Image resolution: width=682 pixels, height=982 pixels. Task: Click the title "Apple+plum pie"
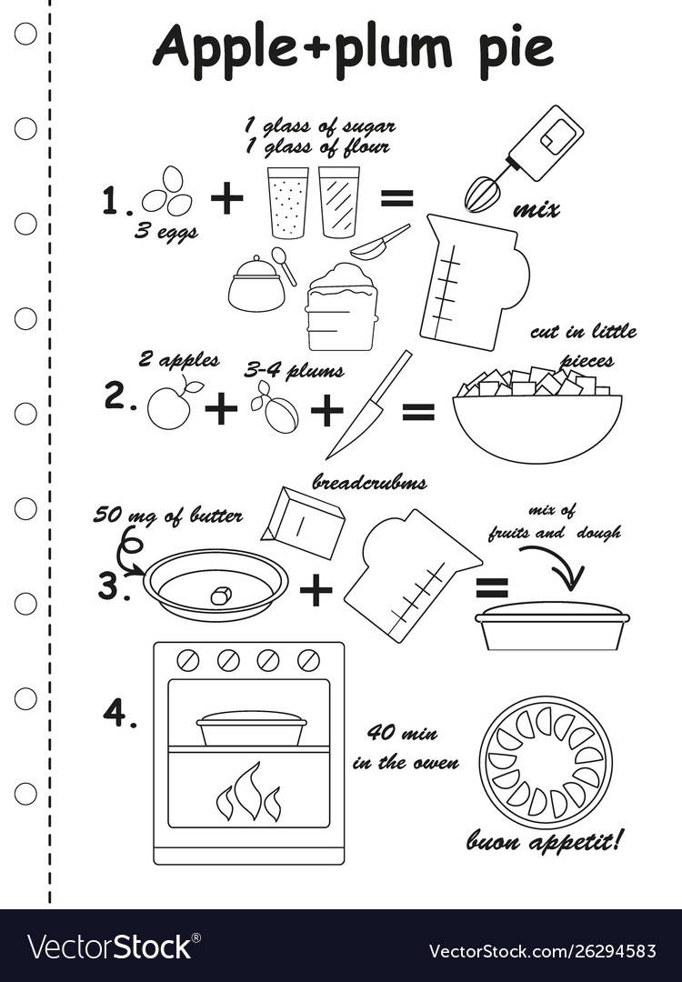(353, 47)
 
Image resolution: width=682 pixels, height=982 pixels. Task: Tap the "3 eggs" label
(166, 231)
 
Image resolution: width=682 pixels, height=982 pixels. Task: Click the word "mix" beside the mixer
(536, 210)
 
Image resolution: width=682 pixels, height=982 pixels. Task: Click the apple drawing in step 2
(170, 406)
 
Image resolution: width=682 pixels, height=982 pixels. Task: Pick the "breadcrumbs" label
(369, 482)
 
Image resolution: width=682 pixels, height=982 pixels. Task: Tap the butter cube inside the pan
(219, 596)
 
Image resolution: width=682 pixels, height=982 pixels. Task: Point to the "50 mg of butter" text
(167, 516)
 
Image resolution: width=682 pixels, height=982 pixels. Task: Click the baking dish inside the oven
(251, 728)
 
